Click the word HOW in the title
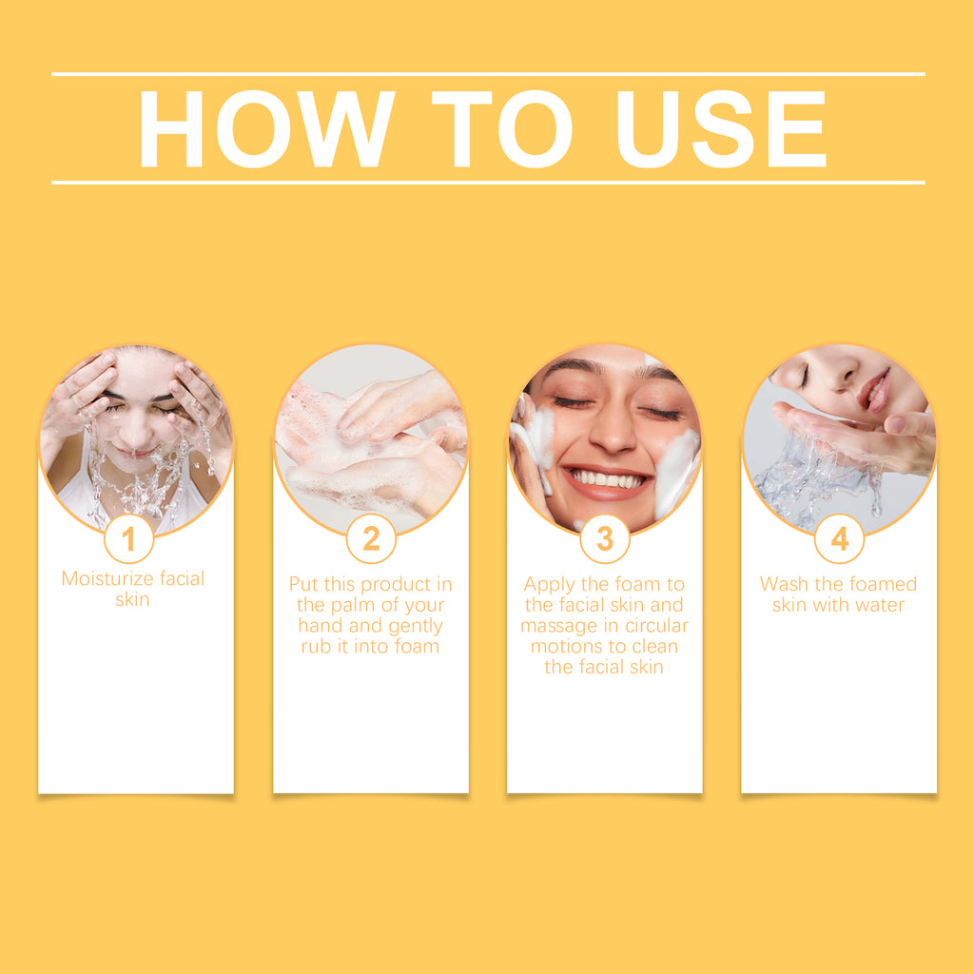point(267,129)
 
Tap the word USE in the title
point(721,129)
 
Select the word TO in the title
point(502,129)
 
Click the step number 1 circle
point(128,538)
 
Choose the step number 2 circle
point(371,538)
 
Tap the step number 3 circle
point(605,538)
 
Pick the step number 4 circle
point(839,538)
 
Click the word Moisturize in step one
point(108,578)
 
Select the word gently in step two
point(416,626)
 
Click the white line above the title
point(488,74)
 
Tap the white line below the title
point(488,183)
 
